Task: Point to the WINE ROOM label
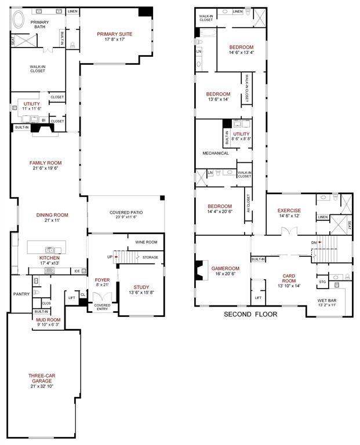point(146,242)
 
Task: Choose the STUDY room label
point(141,287)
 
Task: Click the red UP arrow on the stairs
point(115,256)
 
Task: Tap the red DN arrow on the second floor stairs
point(317,242)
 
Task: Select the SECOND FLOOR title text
point(250,314)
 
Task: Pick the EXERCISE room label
point(289,210)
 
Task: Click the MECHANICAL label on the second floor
point(216,153)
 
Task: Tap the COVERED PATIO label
point(126,213)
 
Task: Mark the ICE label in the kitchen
point(77,271)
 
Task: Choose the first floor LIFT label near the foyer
point(72,297)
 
